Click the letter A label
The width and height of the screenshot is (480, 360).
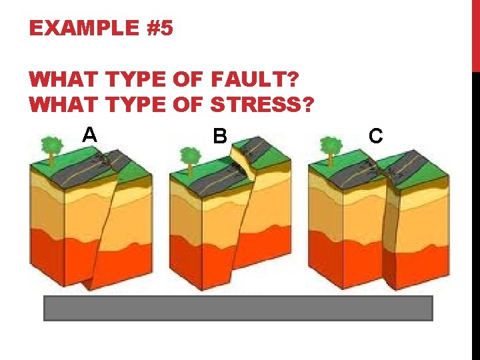[90, 135]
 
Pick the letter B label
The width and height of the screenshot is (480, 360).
[219, 137]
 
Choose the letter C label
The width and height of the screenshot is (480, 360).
[376, 137]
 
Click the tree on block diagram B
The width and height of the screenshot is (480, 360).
[190, 157]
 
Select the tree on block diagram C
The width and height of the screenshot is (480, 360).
[329, 146]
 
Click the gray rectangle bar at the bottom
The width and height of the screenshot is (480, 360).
[238, 309]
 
